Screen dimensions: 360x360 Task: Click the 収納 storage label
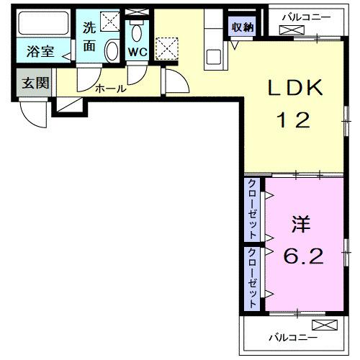[x=242, y=27]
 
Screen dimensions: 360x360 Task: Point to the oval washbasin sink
[x=112, y=52]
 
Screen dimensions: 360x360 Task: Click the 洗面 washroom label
[x=89, y=37]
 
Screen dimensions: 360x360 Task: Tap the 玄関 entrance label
[x=35, y=83]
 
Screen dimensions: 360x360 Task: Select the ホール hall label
[x=111, y=89]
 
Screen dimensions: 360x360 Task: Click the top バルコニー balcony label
[x=305, y=16]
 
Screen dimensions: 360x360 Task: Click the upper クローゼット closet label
[x=253, y=210]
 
